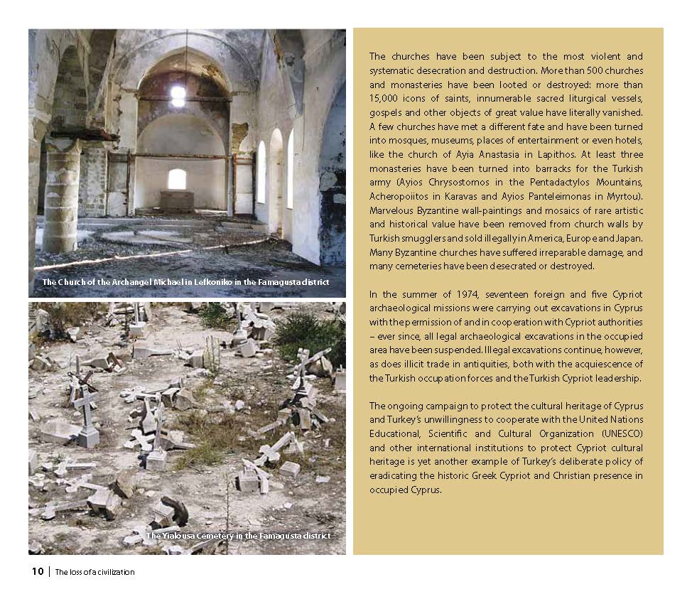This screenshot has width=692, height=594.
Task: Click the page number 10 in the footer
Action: point(37,571)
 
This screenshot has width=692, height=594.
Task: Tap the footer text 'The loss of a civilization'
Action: point(94,572)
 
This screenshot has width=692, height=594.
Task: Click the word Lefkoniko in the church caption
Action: point(195,282)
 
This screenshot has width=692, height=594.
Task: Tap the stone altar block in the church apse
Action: point(177,200)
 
